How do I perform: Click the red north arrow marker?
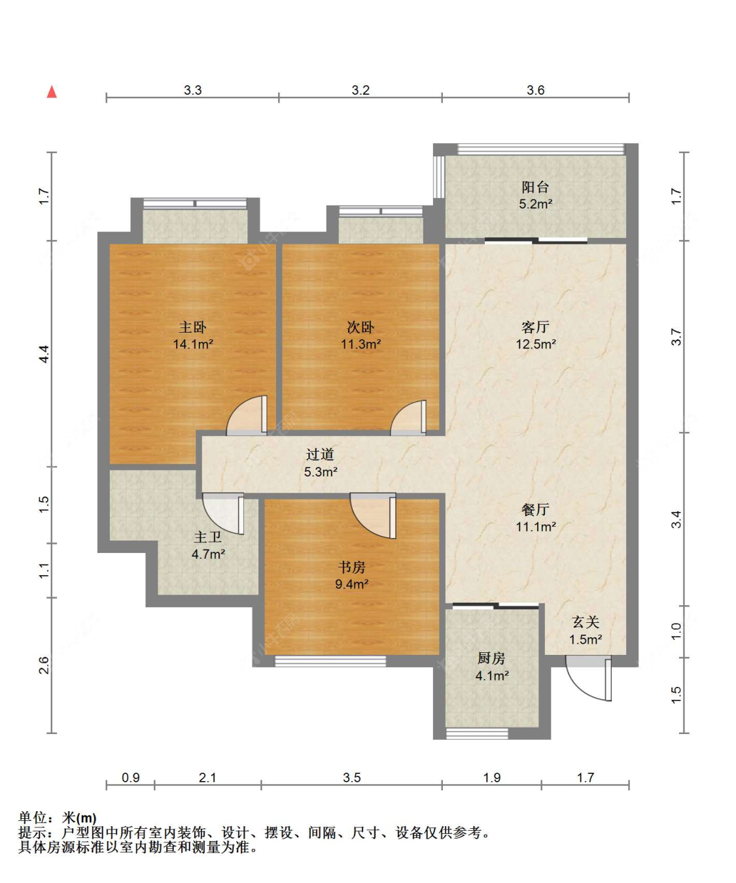tap(52, 92)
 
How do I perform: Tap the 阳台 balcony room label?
tap(535, 188)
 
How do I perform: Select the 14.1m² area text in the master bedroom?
tap(193, 344)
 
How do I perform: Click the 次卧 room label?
tap(360, 327)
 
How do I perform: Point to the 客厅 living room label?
tap(535, 327)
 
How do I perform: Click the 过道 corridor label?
tap(320, 454)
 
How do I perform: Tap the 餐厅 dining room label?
tap(535, 510)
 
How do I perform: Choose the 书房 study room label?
tap(351, 567)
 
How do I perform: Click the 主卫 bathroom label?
tap(208, 537)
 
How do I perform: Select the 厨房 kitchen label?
tap(491, 659)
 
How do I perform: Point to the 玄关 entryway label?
tap(586, 622)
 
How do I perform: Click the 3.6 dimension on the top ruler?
tap(535, 90)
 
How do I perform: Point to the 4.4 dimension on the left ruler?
tap(44, 354)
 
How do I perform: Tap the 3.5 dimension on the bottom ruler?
tap(351, 778)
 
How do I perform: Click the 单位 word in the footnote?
tap(33, 818)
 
